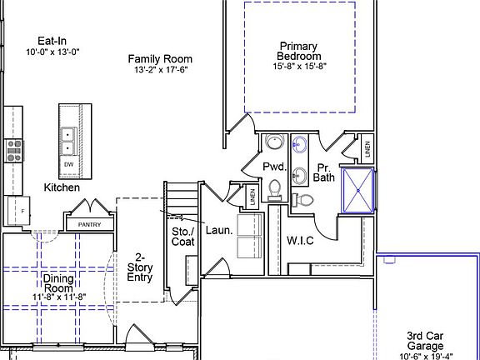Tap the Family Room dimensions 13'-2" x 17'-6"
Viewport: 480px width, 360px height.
click(159, 70)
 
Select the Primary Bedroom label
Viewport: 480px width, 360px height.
click(298, 51)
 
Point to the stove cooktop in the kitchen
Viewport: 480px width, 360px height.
click(14, 150)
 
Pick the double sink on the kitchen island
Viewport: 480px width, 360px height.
click(68, 141)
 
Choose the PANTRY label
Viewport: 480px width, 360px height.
click(89, 225)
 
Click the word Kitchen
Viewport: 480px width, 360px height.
click(62, 187)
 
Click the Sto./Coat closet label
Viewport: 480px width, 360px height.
click(182, 236)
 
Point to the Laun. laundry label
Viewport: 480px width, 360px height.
click(218, 230)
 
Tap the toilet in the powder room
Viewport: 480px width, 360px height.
click(275, 190)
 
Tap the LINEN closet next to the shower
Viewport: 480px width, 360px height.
click(367, 150)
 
